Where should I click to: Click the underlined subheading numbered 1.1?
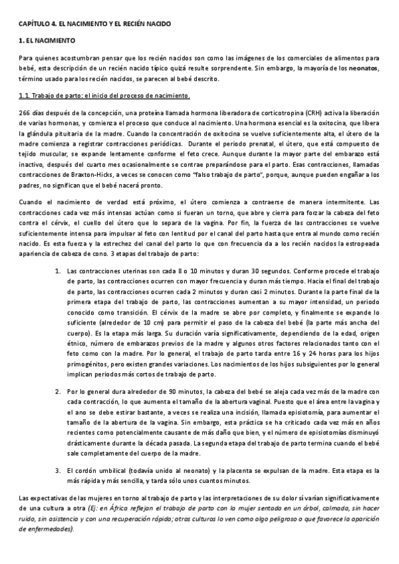click(x=104, y=95)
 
